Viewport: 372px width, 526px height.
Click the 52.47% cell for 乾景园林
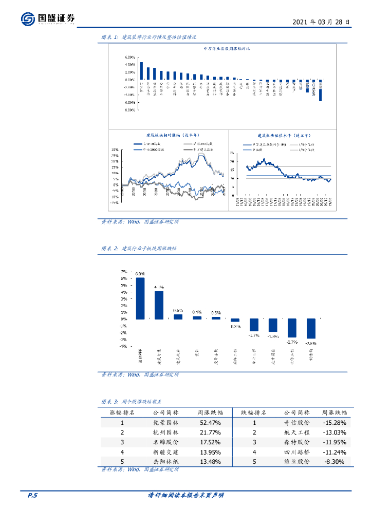(x=210, y=423)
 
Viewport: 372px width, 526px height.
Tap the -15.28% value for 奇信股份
(x=334, y=423)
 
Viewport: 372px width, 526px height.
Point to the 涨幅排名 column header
(x=122, y=412)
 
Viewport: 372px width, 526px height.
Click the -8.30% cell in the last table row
(x=334, y=462)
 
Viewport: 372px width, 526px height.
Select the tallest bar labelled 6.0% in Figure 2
(x=140, y=298)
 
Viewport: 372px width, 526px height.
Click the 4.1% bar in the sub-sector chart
(x=159, y=305)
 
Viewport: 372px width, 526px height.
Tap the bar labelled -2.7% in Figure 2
(x=292, y=328)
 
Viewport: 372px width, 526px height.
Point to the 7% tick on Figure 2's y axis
(x=124, y=271)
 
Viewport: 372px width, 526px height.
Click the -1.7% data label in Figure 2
(x=253, y=335)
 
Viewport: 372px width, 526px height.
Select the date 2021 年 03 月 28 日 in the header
(x=321, y=22)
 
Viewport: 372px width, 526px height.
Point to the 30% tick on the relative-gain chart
(x=115, y=149)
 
